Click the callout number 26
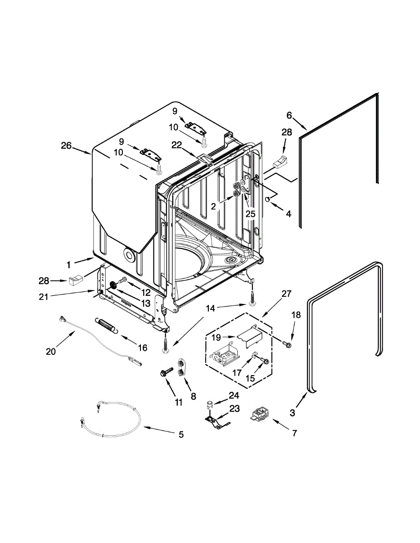tap(66, 146)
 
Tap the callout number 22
tap(177, 144)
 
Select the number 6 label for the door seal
tap(290, 115)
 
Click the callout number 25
tap(250, 214)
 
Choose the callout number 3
tap(292, 413)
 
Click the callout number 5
tap(181, 435)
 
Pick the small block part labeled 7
tap(260, 414)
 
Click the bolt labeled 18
tap(286, 345)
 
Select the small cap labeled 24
tap(210, 402)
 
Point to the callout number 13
tap(146, 303)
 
